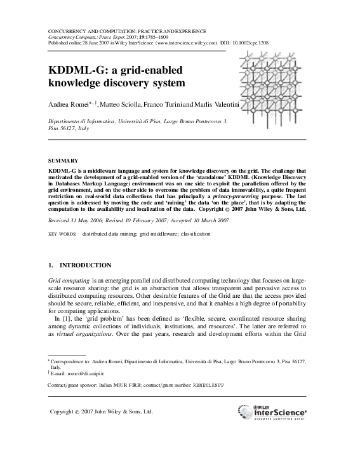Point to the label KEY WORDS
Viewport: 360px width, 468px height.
[x=62, y=234]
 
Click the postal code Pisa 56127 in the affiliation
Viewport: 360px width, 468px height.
[x=62, y=128]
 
